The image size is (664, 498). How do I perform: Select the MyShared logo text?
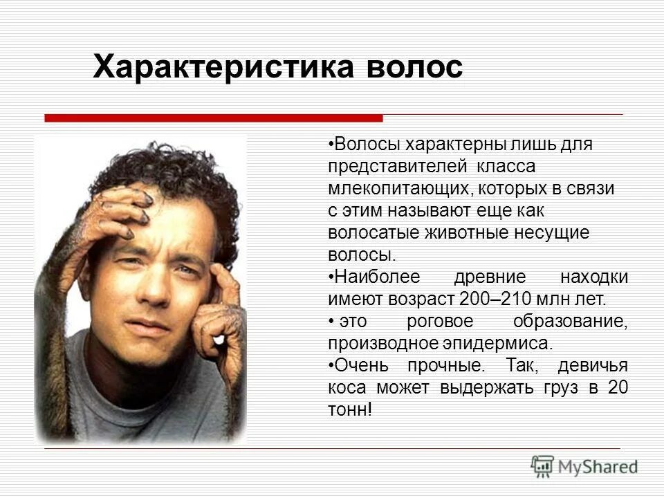point(598,467)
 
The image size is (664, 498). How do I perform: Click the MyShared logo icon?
point(542,465)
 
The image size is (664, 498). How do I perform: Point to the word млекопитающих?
point(391,189)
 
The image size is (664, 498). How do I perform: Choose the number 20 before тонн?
point(617,387)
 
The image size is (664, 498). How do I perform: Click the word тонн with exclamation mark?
point(350,409)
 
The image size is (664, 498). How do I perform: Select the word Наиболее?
point(369,277)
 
